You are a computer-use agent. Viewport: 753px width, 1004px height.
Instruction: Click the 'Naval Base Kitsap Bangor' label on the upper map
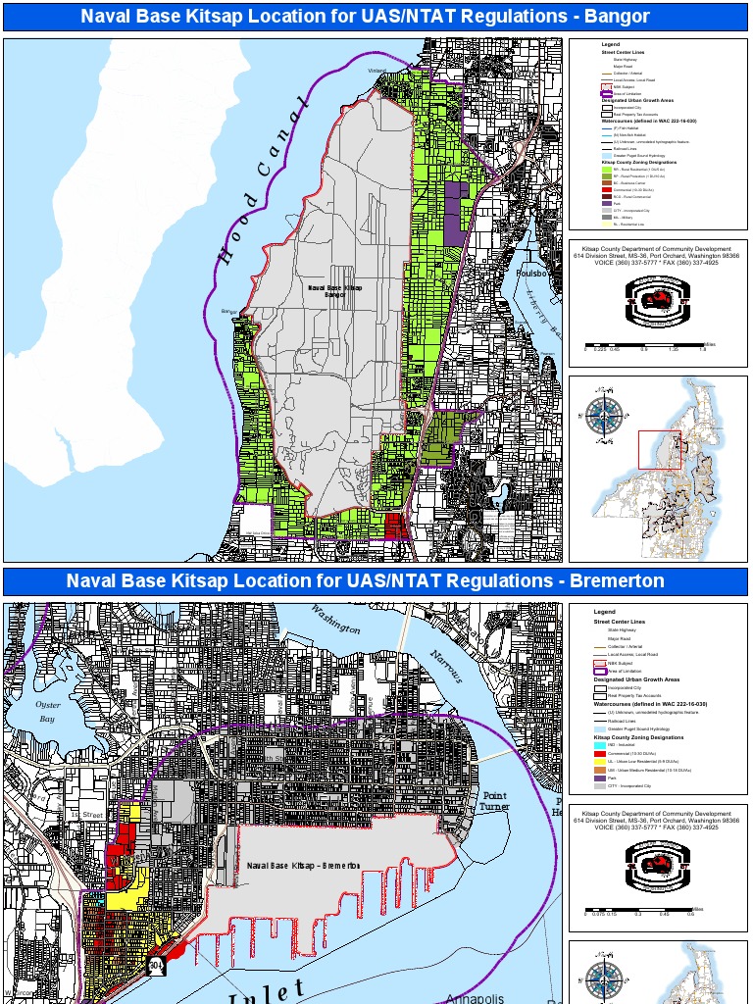click(x=334, y=290)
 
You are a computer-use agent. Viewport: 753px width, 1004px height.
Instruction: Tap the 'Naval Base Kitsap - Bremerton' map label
click(x=303, y=865)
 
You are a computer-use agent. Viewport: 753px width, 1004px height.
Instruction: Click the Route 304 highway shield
click(x=156, y=966)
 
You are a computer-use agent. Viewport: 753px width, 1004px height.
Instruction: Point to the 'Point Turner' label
click(x=495, y=801)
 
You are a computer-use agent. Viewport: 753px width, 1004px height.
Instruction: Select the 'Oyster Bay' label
click(x=48, y=711)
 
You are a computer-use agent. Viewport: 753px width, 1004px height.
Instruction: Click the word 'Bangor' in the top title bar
click(x=620, y=17)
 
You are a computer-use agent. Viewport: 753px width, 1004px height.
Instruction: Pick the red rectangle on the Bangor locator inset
click(x=659, y=450)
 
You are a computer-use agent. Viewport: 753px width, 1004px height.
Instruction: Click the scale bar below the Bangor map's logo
click(x=645, y=344)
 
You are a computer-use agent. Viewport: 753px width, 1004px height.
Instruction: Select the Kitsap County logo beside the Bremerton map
click(x=659, y=864)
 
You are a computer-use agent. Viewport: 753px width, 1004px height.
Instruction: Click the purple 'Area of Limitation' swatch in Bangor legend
click(x=607, y=93)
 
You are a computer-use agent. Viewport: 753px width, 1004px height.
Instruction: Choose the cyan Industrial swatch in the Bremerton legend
click(x=599, y=745)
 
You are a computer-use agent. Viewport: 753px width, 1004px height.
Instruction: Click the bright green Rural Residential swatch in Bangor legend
click(x=606, y=169)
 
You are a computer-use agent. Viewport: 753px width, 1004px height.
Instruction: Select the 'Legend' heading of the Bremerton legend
click(x=604, y=612)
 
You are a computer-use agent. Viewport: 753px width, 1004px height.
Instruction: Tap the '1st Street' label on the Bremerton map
click(x=85, y=815)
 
